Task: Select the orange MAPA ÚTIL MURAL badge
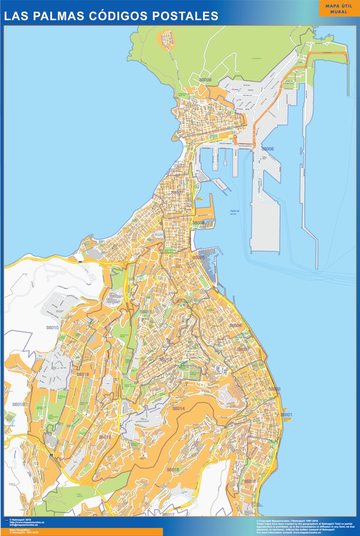(x=339, y=8)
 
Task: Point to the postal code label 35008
(x=267, y=149)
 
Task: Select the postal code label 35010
(x=52, y=328)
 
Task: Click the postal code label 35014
(x=179, y=408)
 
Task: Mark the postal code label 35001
(x=286, y=414)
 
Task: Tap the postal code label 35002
(x=275, y=389)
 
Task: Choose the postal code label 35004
(x=235, y=325)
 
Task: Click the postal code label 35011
(x=145, y=312)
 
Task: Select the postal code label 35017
(x=168, y=514)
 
